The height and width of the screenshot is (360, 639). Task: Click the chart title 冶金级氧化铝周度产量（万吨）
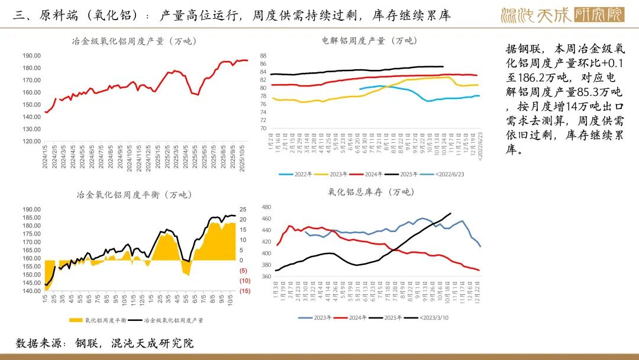pyautogui.click(x=134, y=41)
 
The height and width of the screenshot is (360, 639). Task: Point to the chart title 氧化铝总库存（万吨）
pyautogui.click(x=371, y=192)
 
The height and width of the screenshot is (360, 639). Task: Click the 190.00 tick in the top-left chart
pyautogui.click(x=31, y=55)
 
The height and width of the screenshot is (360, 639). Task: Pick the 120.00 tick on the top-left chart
pyautogui.click(x=31, y=141)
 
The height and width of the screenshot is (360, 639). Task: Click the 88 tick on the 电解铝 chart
pyautogui.click(x=263, y=56)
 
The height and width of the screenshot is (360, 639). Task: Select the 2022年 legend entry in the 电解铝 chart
pyautogui.click(x=300, y=175)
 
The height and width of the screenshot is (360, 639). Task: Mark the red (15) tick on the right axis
pyautogui.click(x=244, y=291)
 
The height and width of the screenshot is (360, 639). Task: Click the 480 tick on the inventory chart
pyautogui.click(x=266, y=207)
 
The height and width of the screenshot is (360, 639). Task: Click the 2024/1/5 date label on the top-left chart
pyautogui.click(x=46, y=157)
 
